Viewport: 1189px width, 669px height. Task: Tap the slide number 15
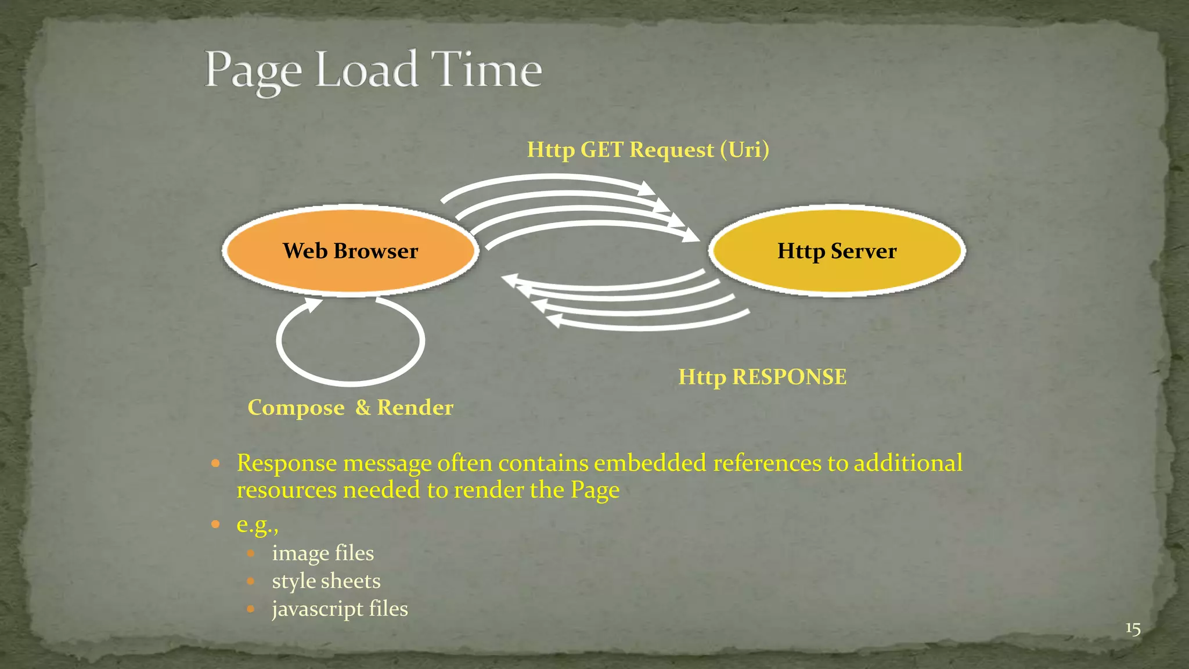(x=1133, y=628)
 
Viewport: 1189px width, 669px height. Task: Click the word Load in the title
(x=367, y=70)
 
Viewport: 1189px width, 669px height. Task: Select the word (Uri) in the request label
(x=745, y=150)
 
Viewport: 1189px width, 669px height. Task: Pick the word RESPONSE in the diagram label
(x=789, y=377)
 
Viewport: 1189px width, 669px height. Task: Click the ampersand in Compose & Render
(x=363, y=408)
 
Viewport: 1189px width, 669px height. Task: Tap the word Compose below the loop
(x=296, y=408)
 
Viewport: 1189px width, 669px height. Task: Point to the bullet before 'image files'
(x=251, y=553)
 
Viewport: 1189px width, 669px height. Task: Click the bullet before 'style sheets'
(x=251, y=581)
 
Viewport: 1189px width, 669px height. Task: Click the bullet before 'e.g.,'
(x=215, y=524)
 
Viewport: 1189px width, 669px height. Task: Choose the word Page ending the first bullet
(x=595, y=490)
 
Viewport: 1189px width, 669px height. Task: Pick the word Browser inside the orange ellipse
(x=376, y=251)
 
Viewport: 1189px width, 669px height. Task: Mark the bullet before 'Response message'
(x=215, y=463)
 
